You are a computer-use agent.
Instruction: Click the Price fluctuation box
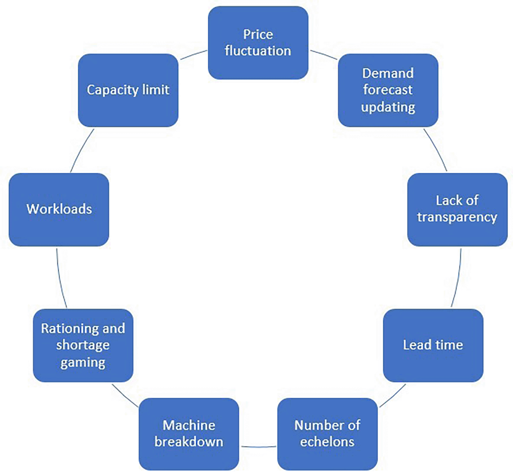pyautogui.click(x=258, y=43)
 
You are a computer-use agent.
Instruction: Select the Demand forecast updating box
pyautogui.click(x=388, y=90)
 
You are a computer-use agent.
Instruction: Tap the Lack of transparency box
pyautogui.click(x=457, y=209)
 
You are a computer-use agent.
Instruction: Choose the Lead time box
pyautogui.click(x=433, y=345)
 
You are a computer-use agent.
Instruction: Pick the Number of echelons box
pyautogui.click(x=327, y=434)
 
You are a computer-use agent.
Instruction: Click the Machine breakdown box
pyautogui.click(x=189, y=434)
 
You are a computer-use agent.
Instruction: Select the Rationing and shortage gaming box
pyautogui.click(x=83, y=345)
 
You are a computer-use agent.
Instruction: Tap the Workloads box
pyautogui.click(x=59, y=209)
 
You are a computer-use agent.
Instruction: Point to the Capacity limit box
pyautogui.click(x=128, y=90)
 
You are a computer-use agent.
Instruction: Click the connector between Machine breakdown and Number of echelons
pyautogui.click(x=258, y=447)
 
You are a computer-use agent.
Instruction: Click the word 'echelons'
pyautogui.click(x=327, y=442)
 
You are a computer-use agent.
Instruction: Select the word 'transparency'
pyautogui.click(x=457, y=217)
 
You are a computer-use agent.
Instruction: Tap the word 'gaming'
pyautogui.click(x=83, y=362)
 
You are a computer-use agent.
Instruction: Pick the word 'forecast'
pyautogui.click(x=388, y=90)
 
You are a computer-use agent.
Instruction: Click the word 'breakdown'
pyautogui.click(x=189, y=442)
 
